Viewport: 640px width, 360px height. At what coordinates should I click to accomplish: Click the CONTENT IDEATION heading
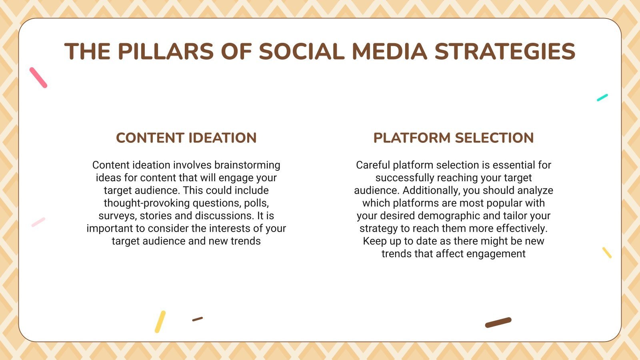186,138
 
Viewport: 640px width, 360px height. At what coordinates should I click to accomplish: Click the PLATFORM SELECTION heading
453,138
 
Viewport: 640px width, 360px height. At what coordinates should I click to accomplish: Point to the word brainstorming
247,165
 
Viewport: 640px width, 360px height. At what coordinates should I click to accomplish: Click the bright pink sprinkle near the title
38,78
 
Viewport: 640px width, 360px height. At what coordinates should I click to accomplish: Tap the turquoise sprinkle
602,98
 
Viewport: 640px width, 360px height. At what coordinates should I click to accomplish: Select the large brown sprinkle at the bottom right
498,322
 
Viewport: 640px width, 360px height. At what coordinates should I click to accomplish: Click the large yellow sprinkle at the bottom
160,322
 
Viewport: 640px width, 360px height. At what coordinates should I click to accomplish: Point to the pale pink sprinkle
38,222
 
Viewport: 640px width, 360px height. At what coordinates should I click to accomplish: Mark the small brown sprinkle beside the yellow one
197,319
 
